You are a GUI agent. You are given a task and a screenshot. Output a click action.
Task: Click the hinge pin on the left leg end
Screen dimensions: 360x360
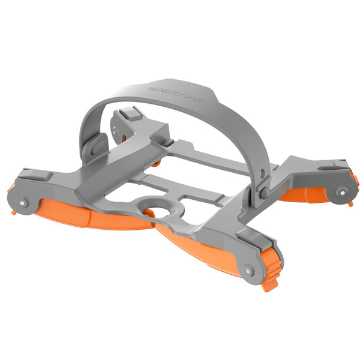tap(23, 202)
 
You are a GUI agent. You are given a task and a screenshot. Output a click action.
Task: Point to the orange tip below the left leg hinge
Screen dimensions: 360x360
tap(14, 210)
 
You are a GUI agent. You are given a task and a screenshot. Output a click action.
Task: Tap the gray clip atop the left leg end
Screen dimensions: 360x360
tap(29, 177)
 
